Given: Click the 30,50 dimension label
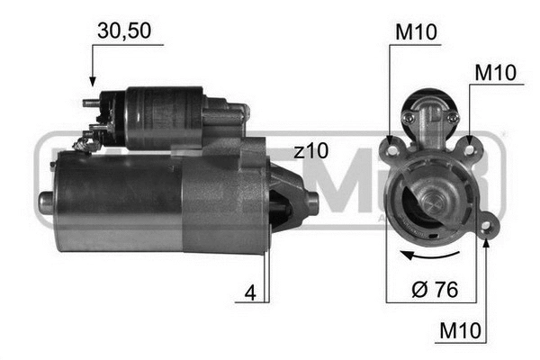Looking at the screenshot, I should tap(124, 31).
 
